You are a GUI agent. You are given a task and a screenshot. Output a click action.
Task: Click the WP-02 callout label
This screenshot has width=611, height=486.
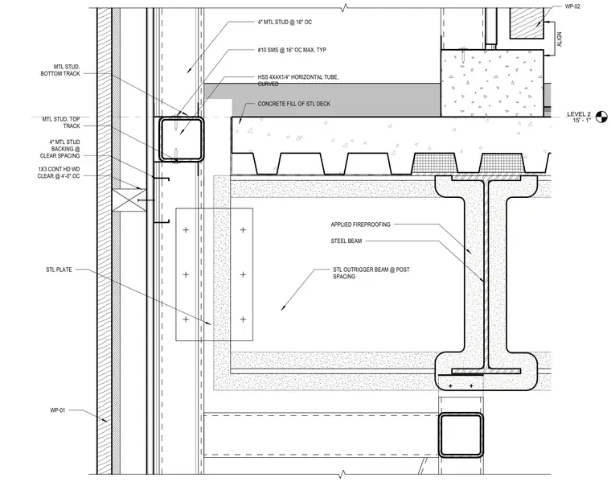tap(572, 6)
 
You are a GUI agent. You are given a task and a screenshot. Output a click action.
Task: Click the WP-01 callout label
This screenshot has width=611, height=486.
tap(58, 410)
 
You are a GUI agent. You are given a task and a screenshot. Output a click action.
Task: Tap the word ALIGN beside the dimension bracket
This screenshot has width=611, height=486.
tap(560, 39)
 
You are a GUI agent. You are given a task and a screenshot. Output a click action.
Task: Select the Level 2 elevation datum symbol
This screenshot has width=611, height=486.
tap(601, 117)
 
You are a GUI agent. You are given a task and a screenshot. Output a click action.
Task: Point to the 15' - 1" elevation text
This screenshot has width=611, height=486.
tap(581, 120)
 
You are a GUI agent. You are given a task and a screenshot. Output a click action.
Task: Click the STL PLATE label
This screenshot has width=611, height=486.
tap(59, 270)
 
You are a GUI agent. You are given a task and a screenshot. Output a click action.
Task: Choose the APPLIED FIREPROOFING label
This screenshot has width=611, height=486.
tap(360, 224)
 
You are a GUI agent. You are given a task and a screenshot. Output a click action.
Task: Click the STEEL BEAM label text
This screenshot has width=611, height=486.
tap(347, 241)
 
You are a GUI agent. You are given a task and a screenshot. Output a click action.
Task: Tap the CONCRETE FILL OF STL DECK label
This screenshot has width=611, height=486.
tap(293, 104)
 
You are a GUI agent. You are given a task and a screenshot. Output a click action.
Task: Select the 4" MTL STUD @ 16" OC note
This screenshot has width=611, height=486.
tap(285, 23)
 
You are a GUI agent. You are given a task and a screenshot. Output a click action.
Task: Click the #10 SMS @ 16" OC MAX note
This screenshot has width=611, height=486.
tap(292, 50)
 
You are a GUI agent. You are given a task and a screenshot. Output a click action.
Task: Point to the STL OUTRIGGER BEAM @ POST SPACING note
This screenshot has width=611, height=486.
tap(371, 273)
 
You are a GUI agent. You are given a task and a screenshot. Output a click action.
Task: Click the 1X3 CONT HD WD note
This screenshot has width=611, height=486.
tap(59, 172)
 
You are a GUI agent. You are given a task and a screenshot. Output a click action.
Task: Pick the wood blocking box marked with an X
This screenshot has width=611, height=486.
tap(129, 200)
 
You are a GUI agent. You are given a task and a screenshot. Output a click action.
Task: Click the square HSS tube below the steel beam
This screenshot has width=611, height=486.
tap(461, 435)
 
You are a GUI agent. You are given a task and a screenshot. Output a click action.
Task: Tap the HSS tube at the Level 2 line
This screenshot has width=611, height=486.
tap(181, 140)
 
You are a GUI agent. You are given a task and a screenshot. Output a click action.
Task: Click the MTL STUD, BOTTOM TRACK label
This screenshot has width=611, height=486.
tap(60, 70)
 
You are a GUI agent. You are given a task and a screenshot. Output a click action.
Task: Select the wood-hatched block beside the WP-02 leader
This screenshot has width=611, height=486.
tap(527, 23)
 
